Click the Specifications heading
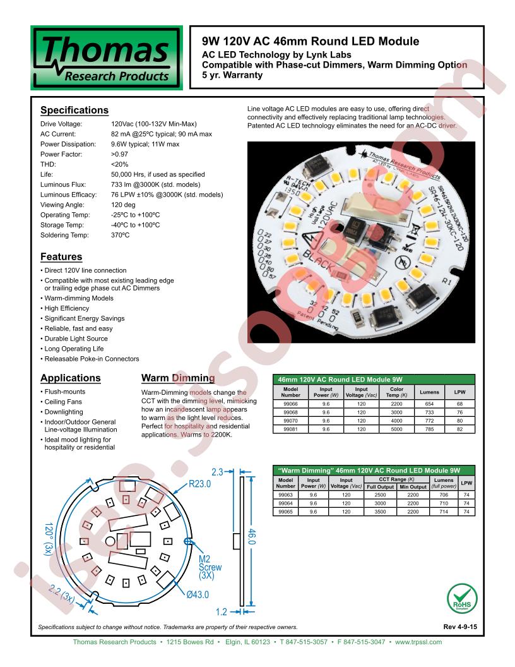point(74,111)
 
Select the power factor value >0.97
point(119,154)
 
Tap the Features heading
point(61,257)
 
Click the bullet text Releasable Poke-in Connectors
point(92,359)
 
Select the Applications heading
point(70,378)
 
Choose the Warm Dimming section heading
point(177,378)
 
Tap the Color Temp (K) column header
point(396,393)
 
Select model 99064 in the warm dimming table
point(286,503)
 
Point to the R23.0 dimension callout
point(199,484)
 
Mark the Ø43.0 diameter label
point(197,594)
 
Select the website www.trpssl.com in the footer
point(418,642)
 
